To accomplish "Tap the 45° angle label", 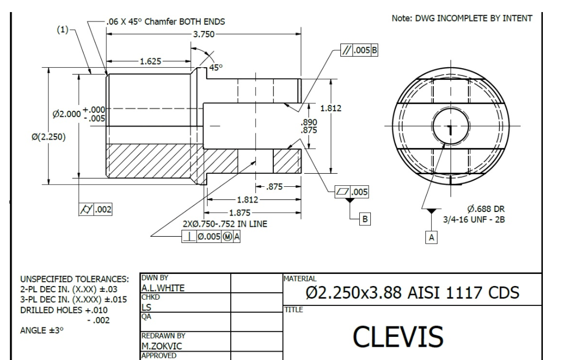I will click(216, 68).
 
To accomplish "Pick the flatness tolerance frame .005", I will click(351, 193).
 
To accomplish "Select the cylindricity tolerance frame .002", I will click(95, 209).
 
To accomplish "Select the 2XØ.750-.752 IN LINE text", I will click(224, 224).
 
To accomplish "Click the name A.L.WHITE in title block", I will click(164, 288).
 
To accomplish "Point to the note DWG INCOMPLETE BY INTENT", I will click(462, 18).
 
